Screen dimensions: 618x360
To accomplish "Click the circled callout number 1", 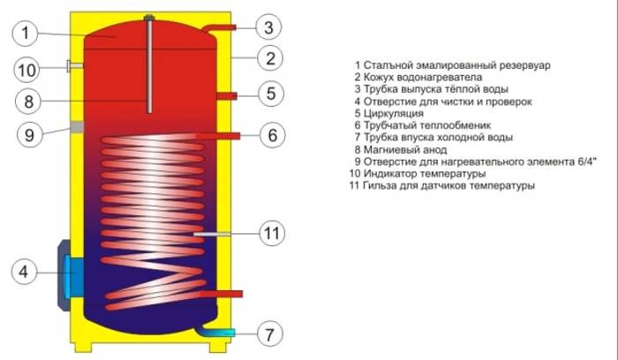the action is [25, 34].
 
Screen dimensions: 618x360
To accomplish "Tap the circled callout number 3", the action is [268, 27].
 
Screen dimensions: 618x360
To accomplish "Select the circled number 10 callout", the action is [26, 70].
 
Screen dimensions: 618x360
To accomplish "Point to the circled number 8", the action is [28, 101].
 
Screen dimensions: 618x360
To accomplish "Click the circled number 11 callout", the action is [272, 233].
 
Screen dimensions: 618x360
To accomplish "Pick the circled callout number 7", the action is [269, 334].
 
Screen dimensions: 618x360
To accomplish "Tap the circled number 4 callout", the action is [24, 272].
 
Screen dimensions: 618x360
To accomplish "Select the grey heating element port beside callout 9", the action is [78, 127].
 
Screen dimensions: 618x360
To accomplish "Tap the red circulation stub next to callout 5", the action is [227, 95].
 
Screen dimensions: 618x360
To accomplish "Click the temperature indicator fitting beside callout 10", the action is [75, 66].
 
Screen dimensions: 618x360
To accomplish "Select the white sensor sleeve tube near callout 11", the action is [212, 234].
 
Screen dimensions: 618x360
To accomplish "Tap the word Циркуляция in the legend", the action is [393, 114].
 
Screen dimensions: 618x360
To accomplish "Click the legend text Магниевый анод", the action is [404, 150].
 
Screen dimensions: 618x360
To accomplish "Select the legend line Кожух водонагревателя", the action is [418, 77].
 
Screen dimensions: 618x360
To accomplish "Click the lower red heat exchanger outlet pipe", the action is [222, 294].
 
